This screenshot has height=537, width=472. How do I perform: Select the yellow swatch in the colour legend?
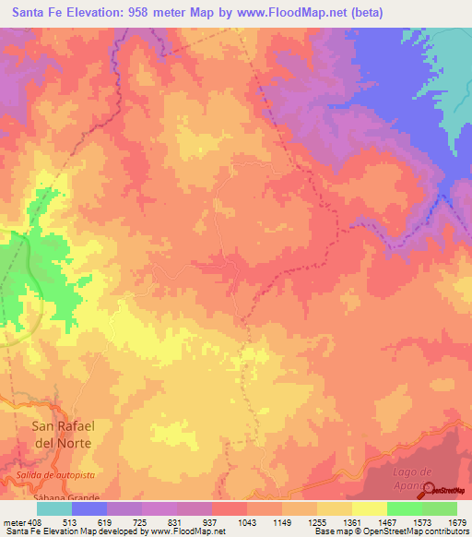(x=369, y=508)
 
